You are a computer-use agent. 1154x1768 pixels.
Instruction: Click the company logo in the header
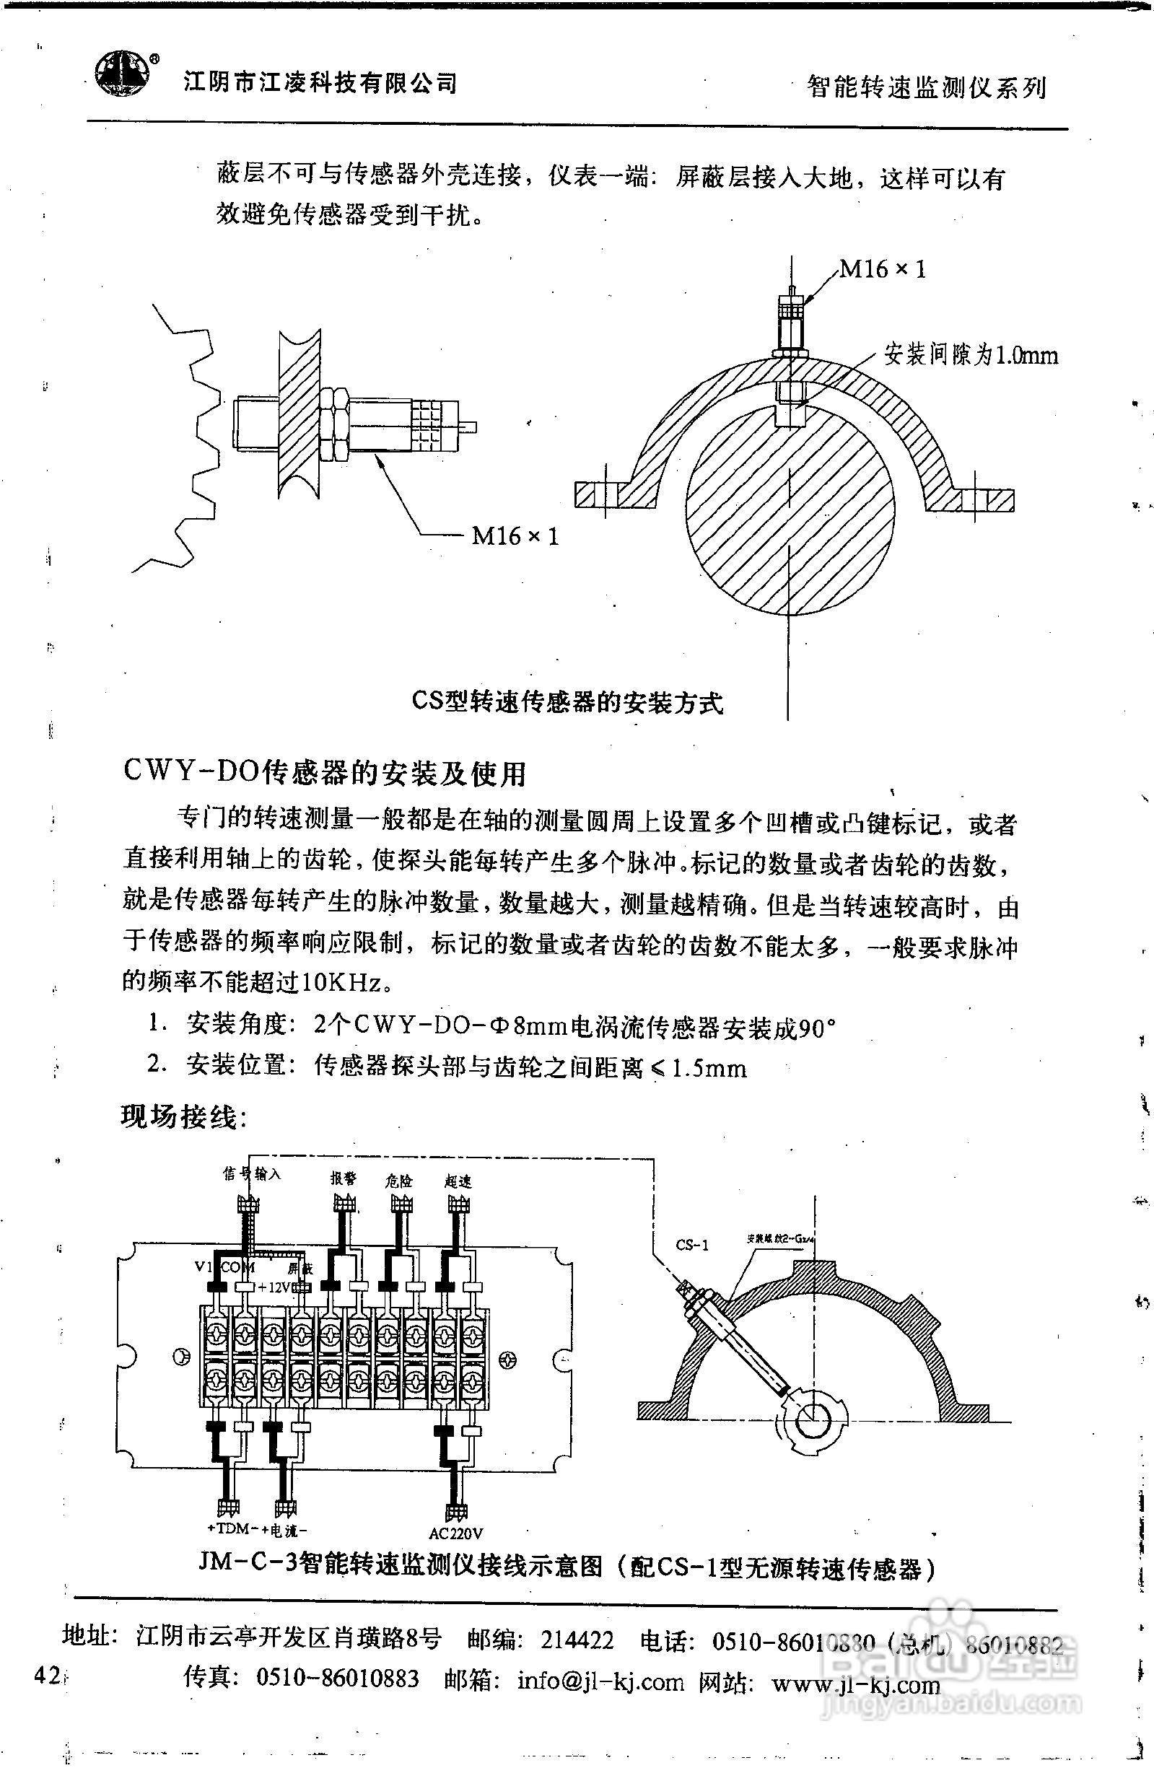(121, 74)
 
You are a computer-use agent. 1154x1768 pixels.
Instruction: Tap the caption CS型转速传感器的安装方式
(567, 701)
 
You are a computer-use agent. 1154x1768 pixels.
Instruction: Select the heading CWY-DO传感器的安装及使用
(325, 774)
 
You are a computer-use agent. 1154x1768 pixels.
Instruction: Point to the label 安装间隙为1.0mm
(971, 355)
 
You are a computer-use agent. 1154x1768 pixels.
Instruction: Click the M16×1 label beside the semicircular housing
(883, 269)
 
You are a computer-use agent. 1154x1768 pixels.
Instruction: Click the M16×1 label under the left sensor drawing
(515, 535)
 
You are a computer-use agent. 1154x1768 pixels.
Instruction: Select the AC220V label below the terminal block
(456, 1533)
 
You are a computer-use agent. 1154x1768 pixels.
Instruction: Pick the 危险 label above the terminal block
(399, 1181)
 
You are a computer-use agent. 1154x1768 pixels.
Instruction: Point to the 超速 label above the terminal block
(457, 1181)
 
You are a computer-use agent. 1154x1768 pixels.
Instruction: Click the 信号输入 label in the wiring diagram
(251, 1173)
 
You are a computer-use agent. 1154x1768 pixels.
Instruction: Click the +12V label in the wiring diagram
(272, 1287)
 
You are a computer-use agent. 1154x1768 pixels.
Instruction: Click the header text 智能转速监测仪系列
(927, 87)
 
